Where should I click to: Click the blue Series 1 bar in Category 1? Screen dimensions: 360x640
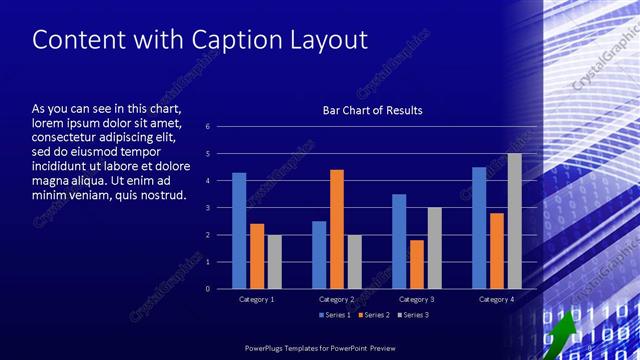point(239,231)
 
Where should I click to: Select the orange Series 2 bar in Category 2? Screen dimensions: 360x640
point(337,229)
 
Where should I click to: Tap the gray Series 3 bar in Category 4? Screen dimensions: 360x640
point(514,221)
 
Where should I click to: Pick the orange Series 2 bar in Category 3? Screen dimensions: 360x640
point(417,264)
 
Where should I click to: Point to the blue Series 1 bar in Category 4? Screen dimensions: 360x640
point(479,228)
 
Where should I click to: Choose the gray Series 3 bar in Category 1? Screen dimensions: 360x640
point(274,262)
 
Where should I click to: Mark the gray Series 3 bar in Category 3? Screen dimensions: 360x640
point(434,248)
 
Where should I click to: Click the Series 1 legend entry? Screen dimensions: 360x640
point(335,315)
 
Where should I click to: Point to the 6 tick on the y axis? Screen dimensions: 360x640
point(207,126)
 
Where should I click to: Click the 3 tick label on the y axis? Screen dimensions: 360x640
point(207,207)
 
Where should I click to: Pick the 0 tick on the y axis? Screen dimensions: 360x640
point(207,288)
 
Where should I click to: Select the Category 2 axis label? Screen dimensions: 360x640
point(337,299)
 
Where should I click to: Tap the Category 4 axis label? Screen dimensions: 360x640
point(496,299)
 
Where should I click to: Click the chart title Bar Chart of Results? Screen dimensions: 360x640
point(372,110)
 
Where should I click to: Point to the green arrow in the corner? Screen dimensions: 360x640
point(563,331)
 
